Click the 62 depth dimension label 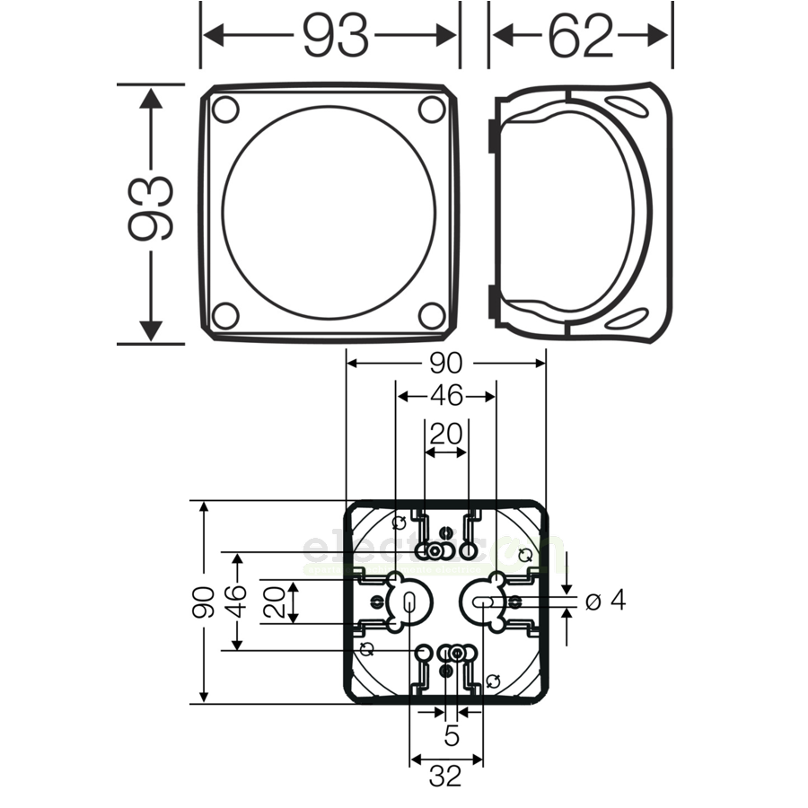click(581, 36)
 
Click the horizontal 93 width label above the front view click(335, 36)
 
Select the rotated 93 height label click(149, 212)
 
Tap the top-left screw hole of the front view click(224, 110)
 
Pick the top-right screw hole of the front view click(432, 110)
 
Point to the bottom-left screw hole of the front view click(224, 315)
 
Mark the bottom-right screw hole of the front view click(432, 315)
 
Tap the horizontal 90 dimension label click(445, 363)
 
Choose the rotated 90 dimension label click(204, 602)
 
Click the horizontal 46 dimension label click(445, 396)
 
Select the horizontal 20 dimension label click(445, 435)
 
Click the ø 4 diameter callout click(604, 601)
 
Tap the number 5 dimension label click(452, 736)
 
